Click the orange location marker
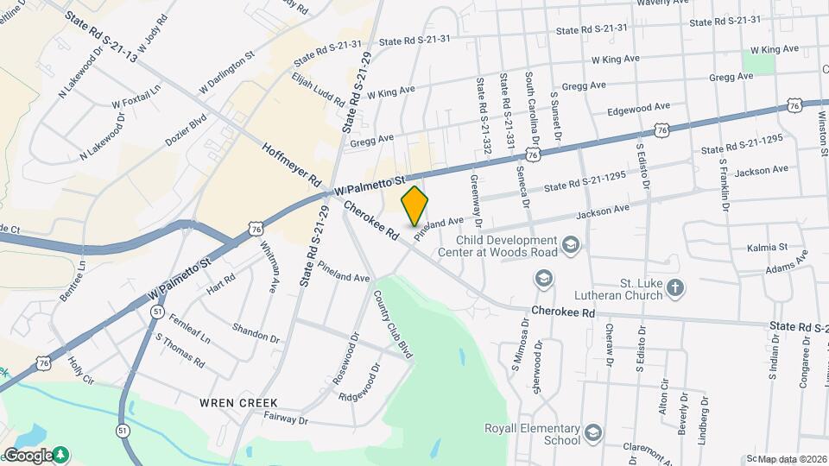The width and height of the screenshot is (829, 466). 415,206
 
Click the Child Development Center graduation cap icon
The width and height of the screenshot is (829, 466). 570,246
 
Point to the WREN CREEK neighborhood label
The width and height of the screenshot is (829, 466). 238,403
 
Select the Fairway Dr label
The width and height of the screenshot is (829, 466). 286,420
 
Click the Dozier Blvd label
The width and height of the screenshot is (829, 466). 187,129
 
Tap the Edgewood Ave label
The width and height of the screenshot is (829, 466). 639,109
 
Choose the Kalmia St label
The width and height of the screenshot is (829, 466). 769,247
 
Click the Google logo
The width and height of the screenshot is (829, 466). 28,455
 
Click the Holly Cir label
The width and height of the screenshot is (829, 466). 84,370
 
